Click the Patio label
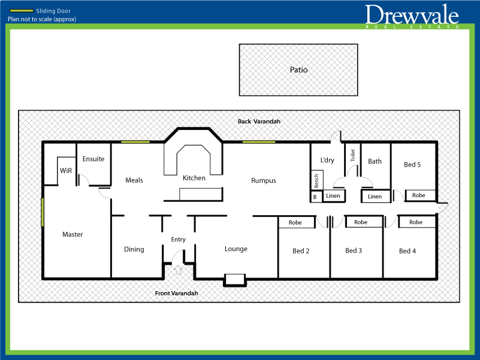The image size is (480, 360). pyautogui.click(x=298, y=69)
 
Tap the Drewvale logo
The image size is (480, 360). pyautogui.click(x=412, y=16)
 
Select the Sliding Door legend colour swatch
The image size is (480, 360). pyautogui.click(x=22, y=11)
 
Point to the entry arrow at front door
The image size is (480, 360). pyautogui.click(x=178, y=270)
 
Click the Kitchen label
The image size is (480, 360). pyautogui.click(x=194, y=178)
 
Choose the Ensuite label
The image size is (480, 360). pyautogui.click(x=93, y=159)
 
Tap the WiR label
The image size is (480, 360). pyautogui.click(x=66, y=171)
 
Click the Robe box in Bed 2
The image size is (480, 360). pyautogui.click(x=295, y=222)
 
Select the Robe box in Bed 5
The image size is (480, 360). pyautogui.click(x=419, y=195)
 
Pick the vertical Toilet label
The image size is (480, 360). pyautogui.click(x=353, y=156)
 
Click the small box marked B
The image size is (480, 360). pyautogui.click(x=314, y=196)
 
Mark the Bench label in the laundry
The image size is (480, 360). pyautogui.click(x=316, y=180)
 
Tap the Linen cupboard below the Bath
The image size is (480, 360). pyautogui.click(x=375, y=196)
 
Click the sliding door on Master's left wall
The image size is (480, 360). pyautogui.click(x=43, y=213)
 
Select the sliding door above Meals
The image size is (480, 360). pyautogui.click(x=135, y=142)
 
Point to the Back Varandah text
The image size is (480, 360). pyautogui.click(x=259, y=122)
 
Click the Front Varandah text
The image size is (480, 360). pyautogui.click(x=176, y=294)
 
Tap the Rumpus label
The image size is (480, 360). pyautogui.click(x=263, y=180)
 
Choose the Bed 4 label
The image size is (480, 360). pyautogui.click(x=407, y=251)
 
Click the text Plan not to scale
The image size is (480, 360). pyautogui.click(x=42, y=19)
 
